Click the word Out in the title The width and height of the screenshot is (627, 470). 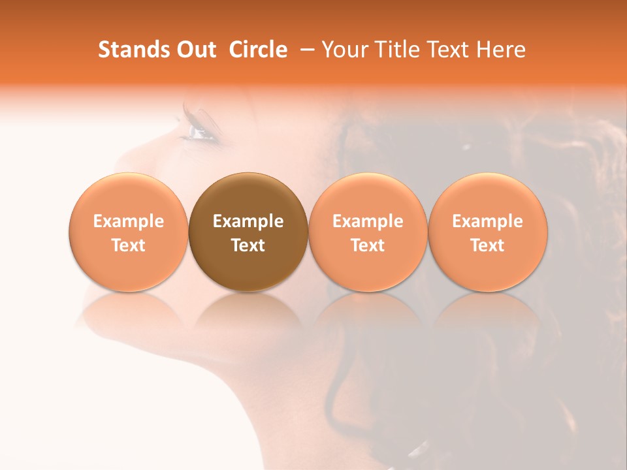(195, 50)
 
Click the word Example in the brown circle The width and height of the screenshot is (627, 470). (248, 221)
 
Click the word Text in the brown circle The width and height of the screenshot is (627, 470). (248, 245)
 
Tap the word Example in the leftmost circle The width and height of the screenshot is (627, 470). (129, 221)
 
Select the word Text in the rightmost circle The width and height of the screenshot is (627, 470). (488, 245)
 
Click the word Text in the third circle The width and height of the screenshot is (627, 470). (368, 245)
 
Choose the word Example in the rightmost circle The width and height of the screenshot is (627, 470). (488, 221)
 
